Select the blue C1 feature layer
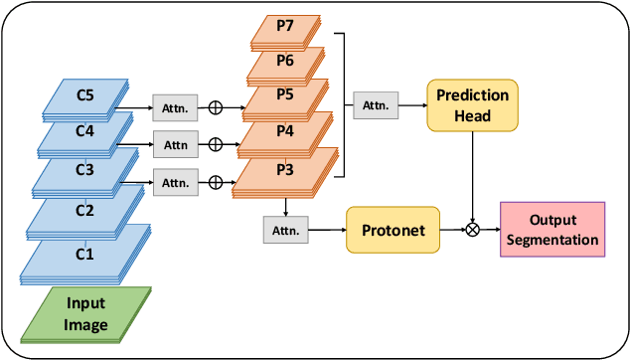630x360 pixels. click(x=84, y=254)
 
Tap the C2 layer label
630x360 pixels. click(x=84, y=210)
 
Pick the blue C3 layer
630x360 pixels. click(x=84, y=170)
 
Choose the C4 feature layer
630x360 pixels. click(x=84, y=130)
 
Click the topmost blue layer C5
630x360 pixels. click(x=84, y=96)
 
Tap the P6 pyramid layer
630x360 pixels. click(x=285, y=62)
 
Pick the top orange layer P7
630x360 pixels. click(x=285, y=28)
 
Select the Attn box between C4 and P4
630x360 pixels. click(x=175, y=144)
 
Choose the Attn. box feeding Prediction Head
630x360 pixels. click(x=376, y=103)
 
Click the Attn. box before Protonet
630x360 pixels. click(x=284, y=230)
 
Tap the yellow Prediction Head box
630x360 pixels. click(x=472, y=104)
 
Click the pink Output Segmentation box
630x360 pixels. click(x=552, y=230)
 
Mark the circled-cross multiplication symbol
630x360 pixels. click(x=472, y=230)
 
